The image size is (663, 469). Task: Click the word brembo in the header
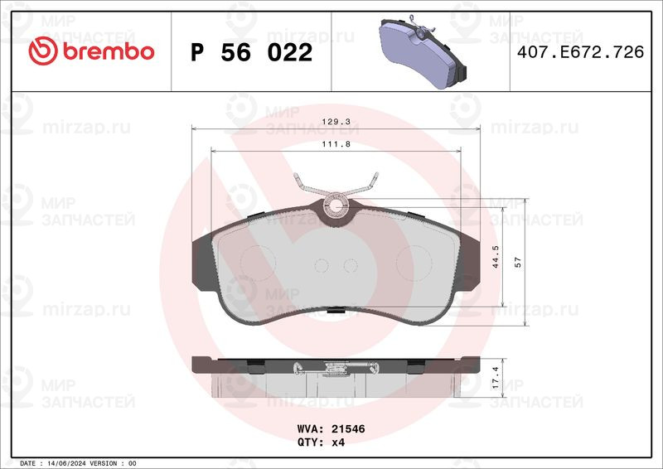point(104,51)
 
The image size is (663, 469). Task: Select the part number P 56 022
point(251,53)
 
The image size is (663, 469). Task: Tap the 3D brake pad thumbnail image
point(421,51)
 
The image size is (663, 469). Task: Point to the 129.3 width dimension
point(336,122)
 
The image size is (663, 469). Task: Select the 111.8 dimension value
point(336,143)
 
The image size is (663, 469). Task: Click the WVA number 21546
point(349,429)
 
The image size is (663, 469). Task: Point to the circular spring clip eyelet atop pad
point(336,205)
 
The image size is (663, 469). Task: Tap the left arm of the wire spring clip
point(309,186)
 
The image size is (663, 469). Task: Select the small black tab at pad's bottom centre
point(336,312)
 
